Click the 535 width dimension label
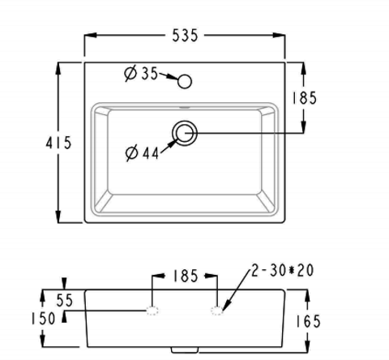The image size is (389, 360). point(185,36)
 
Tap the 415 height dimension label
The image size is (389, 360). point(58,143)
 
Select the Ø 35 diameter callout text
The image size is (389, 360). point(141,73)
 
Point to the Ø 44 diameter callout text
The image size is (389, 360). point(142,153)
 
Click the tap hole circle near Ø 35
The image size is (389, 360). point(185,81)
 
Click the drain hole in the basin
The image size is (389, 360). point(185,133)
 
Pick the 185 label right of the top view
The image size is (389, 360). point(304,98)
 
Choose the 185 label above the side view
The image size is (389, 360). point(186,276)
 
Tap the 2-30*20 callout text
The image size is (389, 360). point(283,270)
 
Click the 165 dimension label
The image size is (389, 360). point(308,321)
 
